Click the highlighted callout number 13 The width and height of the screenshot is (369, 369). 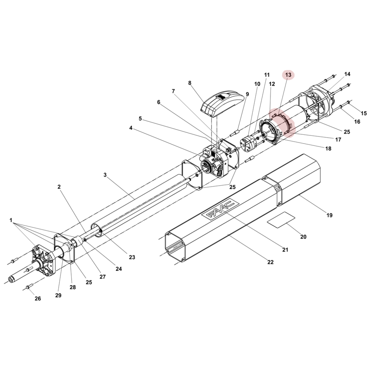(288, 75)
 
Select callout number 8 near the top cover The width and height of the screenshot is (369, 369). (190, 83)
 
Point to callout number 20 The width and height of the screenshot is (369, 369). (303, 237)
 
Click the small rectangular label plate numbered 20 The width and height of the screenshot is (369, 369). (281, 219)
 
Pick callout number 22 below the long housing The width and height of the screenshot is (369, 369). (270, 262)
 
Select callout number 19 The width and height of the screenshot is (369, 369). (329, 215)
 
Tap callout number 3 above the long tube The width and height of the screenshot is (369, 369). (105, 175)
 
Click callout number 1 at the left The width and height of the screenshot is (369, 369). (11, 220)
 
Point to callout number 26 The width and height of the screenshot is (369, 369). (38, 298)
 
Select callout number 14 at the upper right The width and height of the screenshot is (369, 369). (347, 74)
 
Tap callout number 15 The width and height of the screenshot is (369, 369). (364, 113)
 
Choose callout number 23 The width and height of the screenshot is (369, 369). (132, 257)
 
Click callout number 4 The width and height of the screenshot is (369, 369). (131, 128)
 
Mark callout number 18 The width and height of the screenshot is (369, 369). (328, 148)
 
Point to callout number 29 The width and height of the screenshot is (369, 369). (58, 295)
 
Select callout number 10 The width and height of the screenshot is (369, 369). (257, 84)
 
